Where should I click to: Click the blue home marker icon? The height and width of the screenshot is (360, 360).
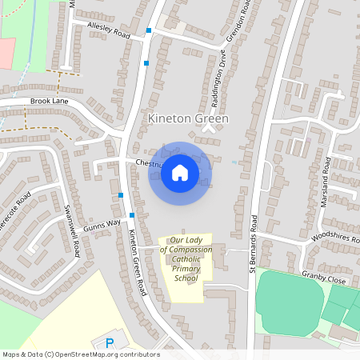[180, 173]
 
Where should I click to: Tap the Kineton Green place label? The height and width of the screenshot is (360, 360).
[188, 118]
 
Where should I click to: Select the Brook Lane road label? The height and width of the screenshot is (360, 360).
[50, 102]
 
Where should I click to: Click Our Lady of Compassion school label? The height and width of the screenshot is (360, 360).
[186, 258]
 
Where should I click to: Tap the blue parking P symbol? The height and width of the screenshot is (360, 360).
[110, 343]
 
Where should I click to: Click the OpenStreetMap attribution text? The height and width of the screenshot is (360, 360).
[80, 354]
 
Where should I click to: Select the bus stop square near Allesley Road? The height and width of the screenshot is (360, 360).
[148, 31]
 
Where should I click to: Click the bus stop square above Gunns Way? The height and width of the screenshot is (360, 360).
[120, 195]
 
